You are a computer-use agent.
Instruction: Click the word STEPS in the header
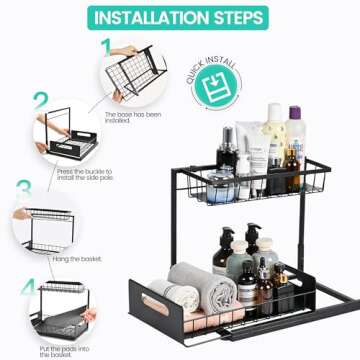point(236,18)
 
